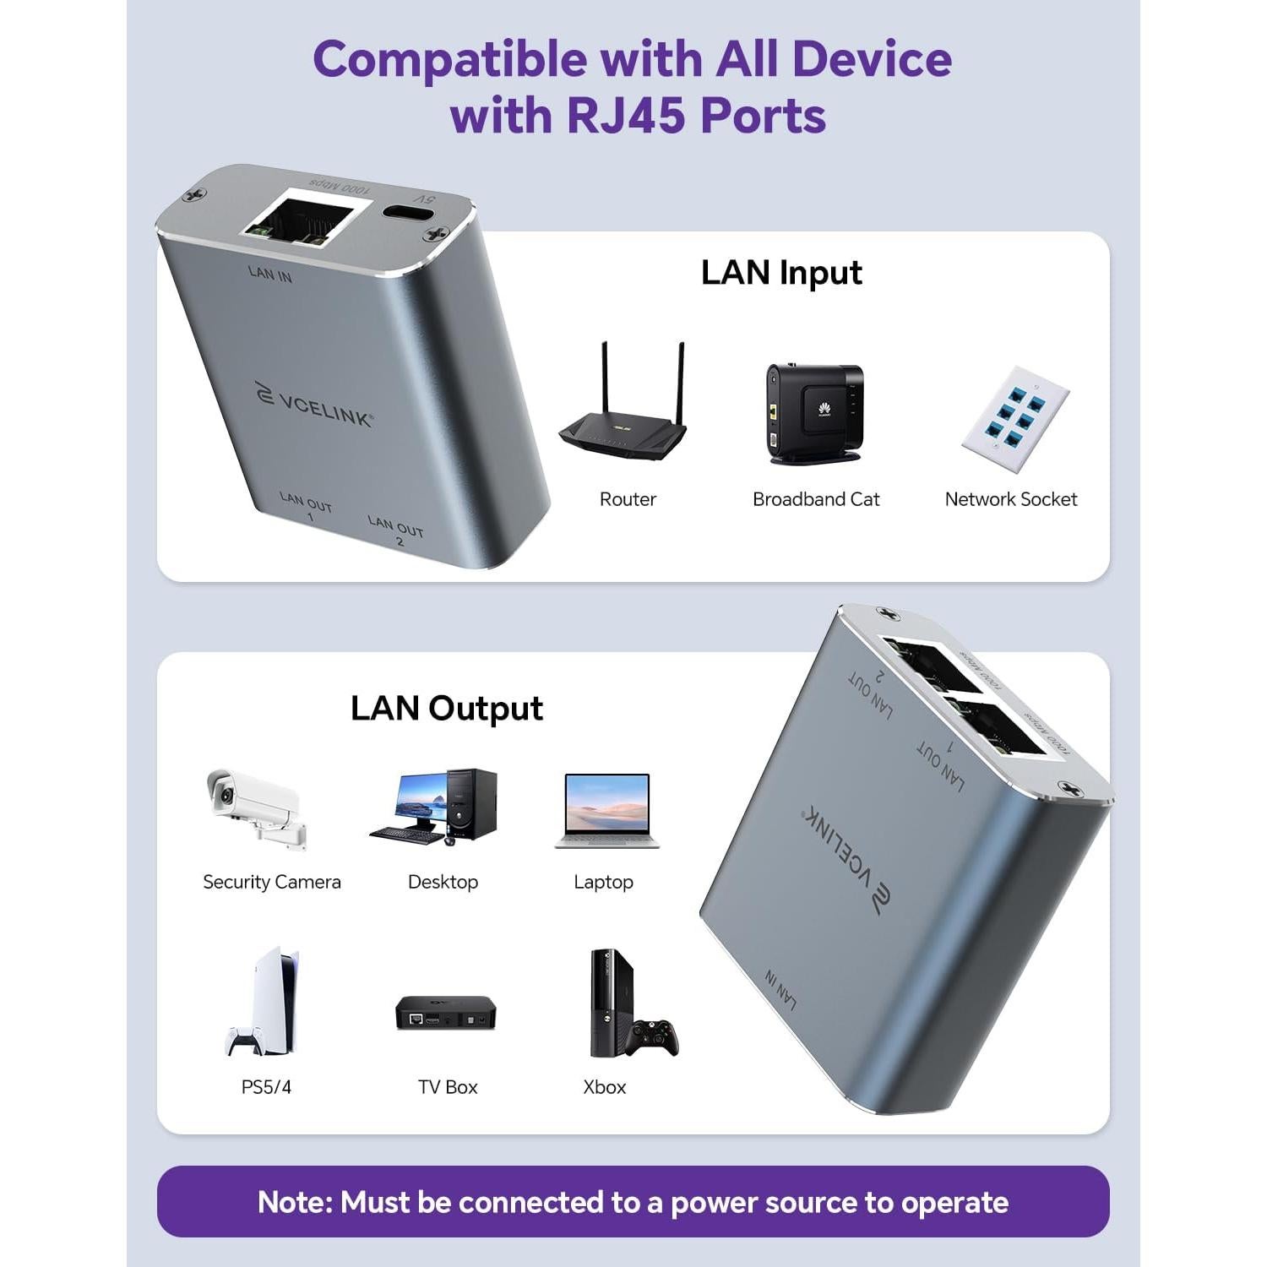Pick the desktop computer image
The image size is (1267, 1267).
[x=436, y=807]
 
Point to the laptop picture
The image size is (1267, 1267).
[x=606, y=811]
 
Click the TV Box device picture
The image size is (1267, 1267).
[x=446, y=1012]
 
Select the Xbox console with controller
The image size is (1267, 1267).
[x=629, y=1005]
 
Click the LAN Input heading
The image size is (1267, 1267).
[x=781, y=273]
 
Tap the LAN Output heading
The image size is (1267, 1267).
[x=446, y=709]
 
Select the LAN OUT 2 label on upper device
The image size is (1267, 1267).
[x=396, y=531]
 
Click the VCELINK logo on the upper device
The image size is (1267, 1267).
[x=314, y=405]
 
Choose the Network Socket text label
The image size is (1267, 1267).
[x=1010, y=499]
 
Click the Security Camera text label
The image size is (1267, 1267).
[x=271, y=882]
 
